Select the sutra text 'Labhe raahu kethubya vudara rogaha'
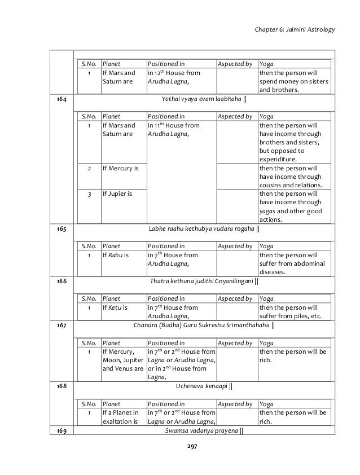tap(204, 228)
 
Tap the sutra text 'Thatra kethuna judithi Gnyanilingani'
tap(204, 280)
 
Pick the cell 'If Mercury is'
tap(122, 168)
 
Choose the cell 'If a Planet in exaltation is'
tap(121, 416)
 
